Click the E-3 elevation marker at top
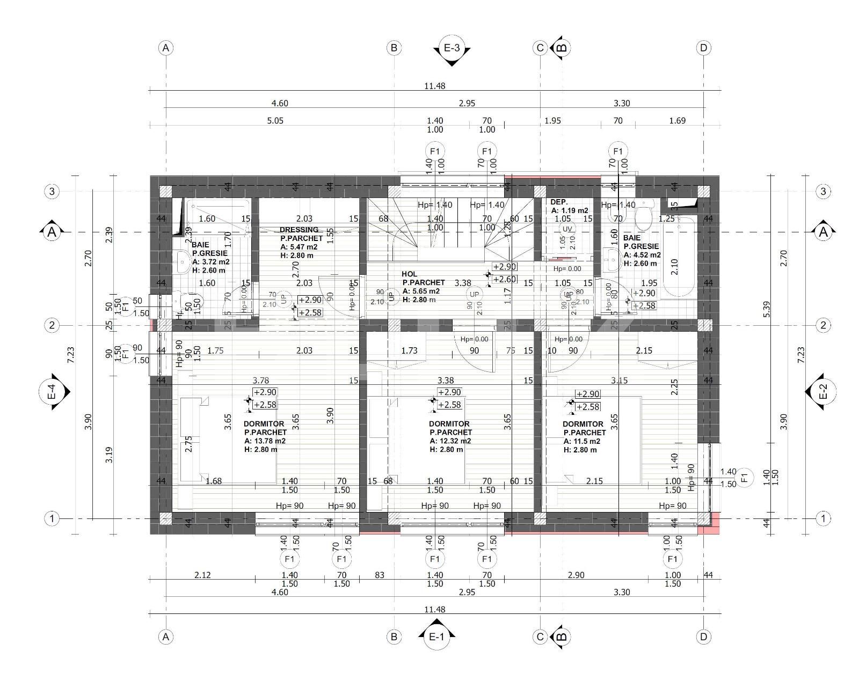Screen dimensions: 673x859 452,48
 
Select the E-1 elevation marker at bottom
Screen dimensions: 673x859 436,637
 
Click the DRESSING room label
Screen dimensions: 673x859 299,230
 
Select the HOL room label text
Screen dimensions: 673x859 409,274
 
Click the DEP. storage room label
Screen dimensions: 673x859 559,202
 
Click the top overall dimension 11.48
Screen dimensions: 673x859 434,86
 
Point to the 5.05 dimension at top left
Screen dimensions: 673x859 275,121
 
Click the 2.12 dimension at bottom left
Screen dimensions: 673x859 202,575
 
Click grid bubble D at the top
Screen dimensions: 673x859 703,48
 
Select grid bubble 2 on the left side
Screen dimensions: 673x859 52,325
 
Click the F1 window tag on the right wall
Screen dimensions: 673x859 744,477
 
